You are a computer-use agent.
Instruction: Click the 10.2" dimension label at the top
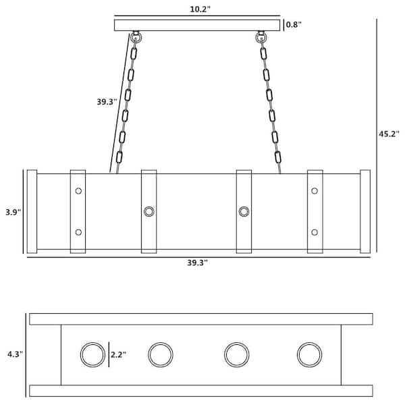[x=200, y=9]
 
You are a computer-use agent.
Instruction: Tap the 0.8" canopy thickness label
[x=294, y=25]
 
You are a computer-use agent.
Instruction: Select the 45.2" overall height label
[x=389, y=134]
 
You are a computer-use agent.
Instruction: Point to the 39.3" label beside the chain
[x=107, y=102]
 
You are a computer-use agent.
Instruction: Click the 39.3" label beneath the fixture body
[x=197, y=263]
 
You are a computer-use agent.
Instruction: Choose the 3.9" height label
[x=13, y=212]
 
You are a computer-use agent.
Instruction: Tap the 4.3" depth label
[x=16, y=354]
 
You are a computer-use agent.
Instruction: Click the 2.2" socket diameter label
[x=118, y=354]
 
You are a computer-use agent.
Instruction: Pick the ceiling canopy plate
[x=197, y=26]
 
